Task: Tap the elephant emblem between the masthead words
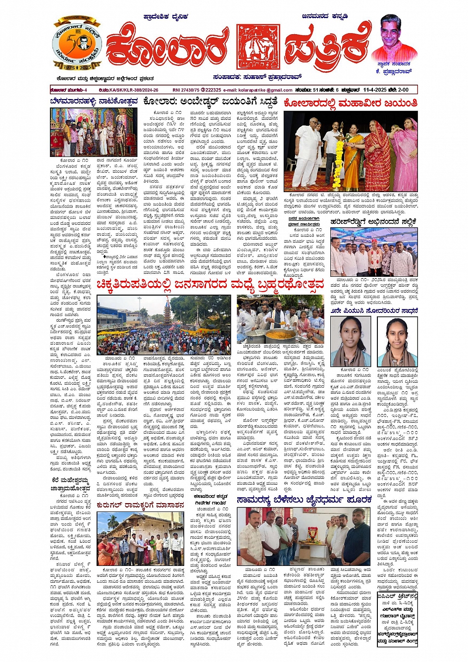[258, 47]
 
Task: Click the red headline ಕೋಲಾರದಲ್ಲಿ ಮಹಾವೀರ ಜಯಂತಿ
[350, 103]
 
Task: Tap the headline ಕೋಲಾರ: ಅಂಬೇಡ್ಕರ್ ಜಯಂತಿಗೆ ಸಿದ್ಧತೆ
[210, 102]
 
